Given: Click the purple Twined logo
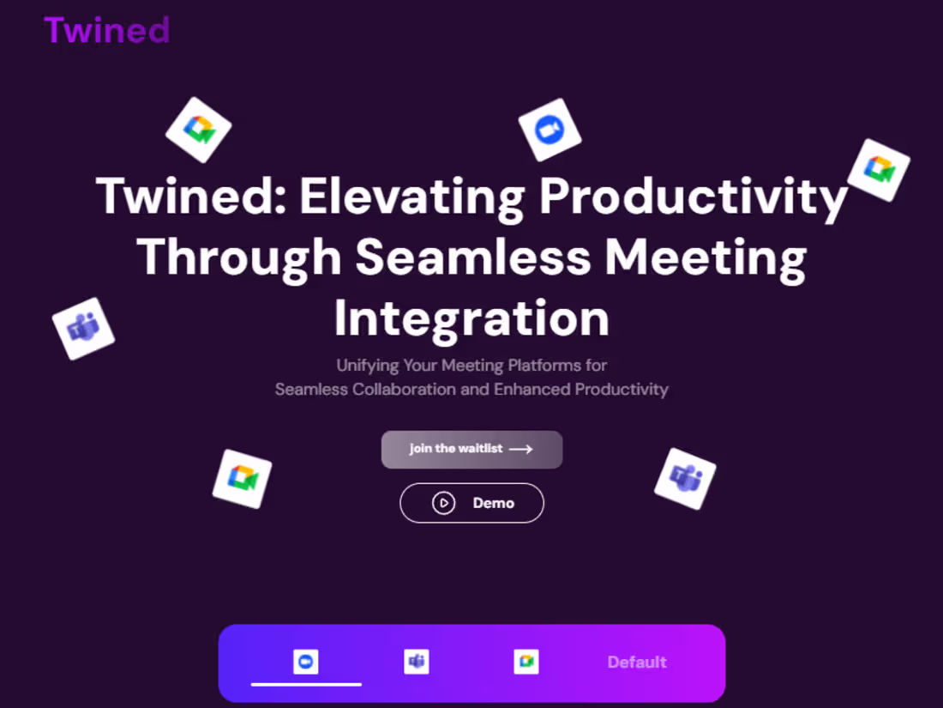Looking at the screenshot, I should tap(107, 29).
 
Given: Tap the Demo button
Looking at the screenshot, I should tap(471, 503).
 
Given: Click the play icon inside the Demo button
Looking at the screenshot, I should tap(443, 503).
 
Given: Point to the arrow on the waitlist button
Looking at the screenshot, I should tap(520, 449).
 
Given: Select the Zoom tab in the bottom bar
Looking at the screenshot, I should tap(306, 662).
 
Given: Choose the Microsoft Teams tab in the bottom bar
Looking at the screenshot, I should tap(417, 662).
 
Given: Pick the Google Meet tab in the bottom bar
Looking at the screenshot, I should tap(526, 662).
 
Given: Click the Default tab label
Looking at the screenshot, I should tap(637, 663).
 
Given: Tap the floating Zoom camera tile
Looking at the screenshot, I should tap(550, 130).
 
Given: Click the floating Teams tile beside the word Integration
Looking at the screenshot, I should tap(83, 328).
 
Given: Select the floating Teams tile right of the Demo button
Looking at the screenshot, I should tap(685, 478).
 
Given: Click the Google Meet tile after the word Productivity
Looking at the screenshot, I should tap(879, 170).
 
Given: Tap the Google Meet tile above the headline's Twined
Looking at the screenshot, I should tap(198, 130).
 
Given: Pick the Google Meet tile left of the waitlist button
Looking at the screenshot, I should tap(242, 479).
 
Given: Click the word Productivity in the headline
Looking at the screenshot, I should tap(693, 197).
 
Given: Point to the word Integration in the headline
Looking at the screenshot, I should tap(471, 318).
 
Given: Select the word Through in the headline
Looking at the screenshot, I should tap(239, 257).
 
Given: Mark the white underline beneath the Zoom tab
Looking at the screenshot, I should tap(306, 684).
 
